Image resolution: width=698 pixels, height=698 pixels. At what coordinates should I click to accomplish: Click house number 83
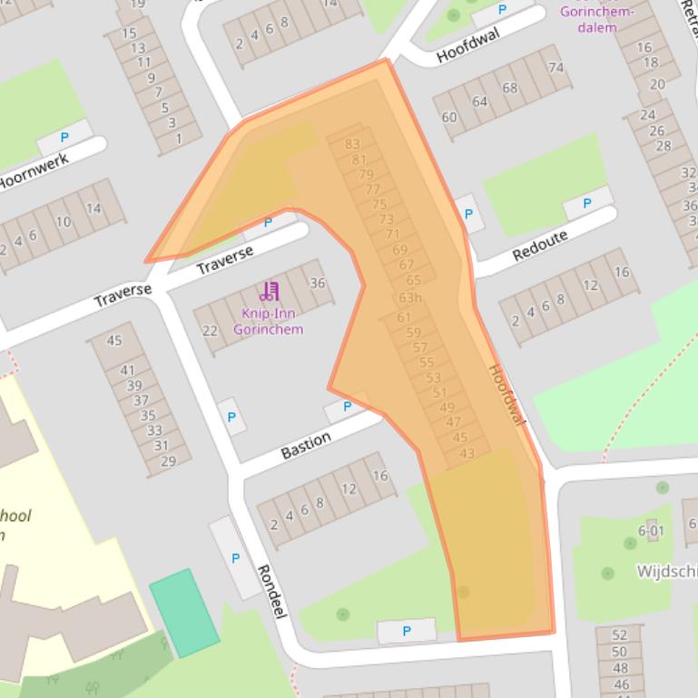pos(352,144)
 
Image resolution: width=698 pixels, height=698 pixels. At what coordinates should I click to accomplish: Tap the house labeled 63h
pos(410,297)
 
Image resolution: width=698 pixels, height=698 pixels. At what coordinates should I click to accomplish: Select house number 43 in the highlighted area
pos(467,453)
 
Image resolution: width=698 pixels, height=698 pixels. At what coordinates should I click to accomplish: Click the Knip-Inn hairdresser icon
pos(269,292)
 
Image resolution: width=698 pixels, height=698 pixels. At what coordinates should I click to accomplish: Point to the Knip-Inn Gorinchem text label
pos(268,322)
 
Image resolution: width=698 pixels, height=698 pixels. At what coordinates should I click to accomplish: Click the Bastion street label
pos(305,445)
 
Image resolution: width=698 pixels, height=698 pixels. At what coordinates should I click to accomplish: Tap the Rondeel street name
pos(272,591)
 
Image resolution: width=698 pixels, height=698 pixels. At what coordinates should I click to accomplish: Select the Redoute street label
pos(540,245)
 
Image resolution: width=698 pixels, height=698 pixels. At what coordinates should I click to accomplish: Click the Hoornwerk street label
pos(36,169)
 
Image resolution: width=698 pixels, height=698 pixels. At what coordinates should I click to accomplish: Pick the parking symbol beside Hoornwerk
pos(64,138)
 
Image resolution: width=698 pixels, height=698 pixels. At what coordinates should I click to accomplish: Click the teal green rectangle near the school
pos(184,613)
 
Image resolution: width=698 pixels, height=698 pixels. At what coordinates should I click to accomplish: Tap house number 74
pos(555,68)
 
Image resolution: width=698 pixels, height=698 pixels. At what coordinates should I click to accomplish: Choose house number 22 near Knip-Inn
pos(210,331)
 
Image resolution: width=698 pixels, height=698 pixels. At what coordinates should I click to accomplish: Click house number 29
pos(168,460)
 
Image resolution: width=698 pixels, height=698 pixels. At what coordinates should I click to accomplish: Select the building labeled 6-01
pos(651,530)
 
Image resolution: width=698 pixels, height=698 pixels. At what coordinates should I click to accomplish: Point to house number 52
pos(619,635)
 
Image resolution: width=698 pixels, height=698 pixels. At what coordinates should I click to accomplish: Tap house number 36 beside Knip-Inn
pos(317,283)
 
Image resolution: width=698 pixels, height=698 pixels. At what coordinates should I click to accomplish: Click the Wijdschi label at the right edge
pos(665,572)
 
